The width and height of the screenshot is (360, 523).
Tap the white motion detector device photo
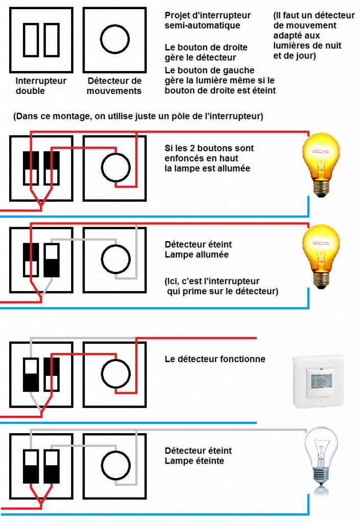click(x=318, y=381)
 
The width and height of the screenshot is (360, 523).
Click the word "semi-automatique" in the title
click(x=202, y=26)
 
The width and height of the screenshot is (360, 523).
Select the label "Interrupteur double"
click(x=41, y=86)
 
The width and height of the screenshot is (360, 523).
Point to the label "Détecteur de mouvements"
click(x=114, y=86)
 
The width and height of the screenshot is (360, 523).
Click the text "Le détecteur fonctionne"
click(x=215, y=359)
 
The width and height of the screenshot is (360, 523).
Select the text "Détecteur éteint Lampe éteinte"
click(x=198, y=456)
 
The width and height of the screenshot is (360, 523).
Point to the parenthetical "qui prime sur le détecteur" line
click(x=222, y=291)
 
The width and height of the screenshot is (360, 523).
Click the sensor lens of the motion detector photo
click(x=322, y=381)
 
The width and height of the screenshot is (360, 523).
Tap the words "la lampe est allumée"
click(x=207, y=169)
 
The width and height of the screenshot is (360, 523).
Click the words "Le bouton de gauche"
click(x=209, y=70)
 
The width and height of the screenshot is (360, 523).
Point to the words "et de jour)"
click(x=295, y=56)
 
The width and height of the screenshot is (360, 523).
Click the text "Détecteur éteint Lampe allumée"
click(x=198, y=249)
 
